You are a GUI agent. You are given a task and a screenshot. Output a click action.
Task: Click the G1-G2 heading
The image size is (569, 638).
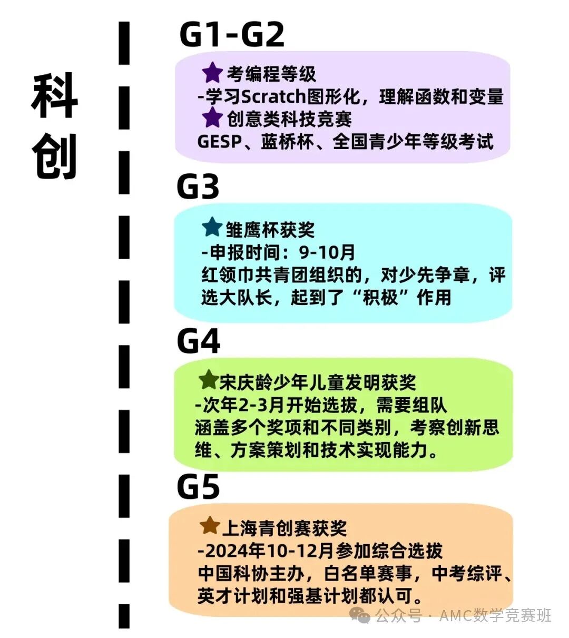(x=232, y=35)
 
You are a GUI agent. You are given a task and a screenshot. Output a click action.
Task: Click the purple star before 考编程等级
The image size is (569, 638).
(x=212, y=73)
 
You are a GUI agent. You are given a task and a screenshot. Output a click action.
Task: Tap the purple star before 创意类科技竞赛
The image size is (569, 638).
(x=212, y=117)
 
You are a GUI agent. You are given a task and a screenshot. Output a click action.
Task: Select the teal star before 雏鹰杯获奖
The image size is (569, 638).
(x=212, y=228)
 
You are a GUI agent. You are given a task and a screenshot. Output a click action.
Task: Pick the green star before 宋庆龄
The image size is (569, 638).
(x=209, y=379)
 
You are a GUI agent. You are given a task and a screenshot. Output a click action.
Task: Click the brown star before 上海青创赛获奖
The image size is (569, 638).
(x=210, y=525)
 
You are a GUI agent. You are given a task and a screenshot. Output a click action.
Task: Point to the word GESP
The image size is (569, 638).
(x=219, y=142)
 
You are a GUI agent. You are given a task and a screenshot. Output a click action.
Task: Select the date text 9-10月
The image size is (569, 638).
(x=327, y=252)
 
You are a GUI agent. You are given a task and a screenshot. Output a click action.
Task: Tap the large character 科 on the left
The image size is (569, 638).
(x=54, y=96)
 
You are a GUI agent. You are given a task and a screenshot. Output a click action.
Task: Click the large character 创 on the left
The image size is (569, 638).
(x=54, y=156)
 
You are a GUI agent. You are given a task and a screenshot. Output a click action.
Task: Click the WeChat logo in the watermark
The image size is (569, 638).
(x=361, y=615)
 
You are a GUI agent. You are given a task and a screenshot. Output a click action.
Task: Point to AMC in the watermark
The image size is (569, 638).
(x=456, y=615)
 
